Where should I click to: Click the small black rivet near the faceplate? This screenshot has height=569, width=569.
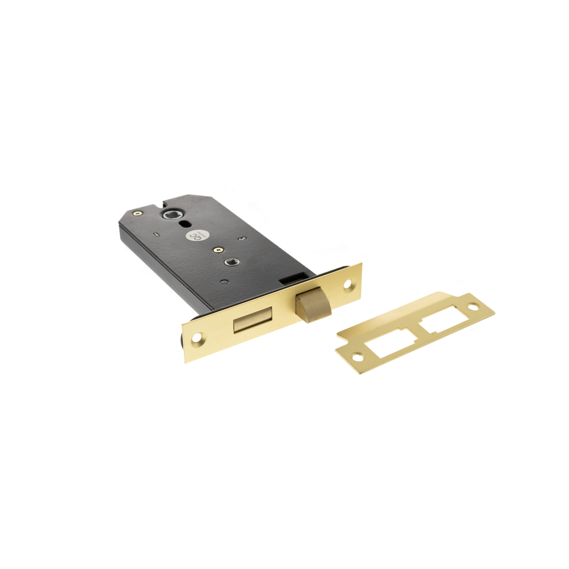[x=224, y=282]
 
